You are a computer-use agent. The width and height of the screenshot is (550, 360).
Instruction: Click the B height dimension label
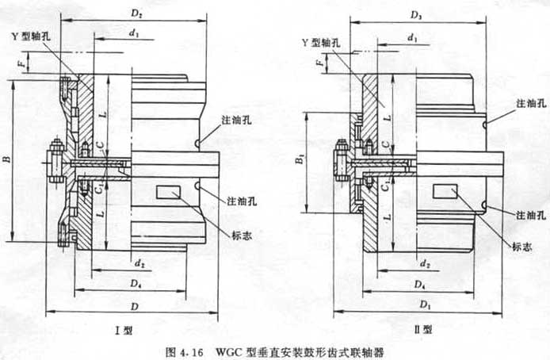coord(7,159)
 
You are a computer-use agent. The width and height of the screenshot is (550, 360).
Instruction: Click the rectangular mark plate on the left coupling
coord(170,192)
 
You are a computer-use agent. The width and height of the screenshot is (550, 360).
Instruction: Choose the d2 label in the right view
coord(426,262)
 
